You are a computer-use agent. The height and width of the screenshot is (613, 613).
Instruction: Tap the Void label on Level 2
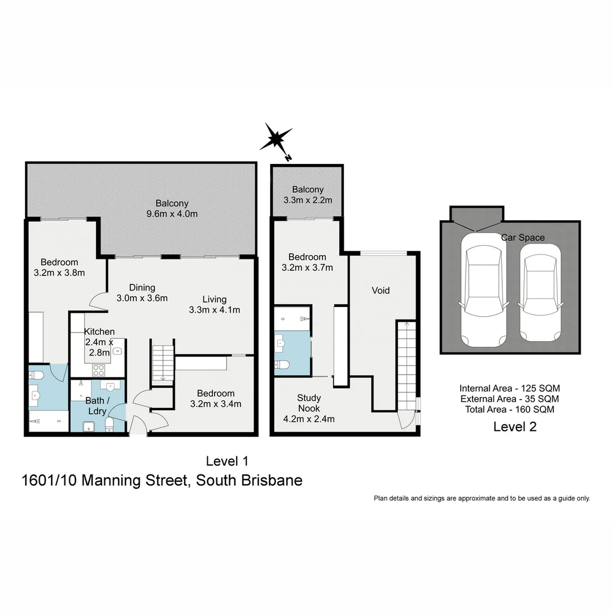coord(380,291)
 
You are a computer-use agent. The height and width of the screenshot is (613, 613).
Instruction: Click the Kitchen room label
coord(99,332)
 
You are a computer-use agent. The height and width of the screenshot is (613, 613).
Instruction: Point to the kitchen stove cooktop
coord(98,370)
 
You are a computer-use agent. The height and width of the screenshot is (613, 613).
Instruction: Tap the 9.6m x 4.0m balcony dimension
coord(172,214)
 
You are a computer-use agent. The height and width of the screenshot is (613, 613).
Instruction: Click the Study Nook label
coord(309,403)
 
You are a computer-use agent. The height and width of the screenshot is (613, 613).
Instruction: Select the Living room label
coord(215,299)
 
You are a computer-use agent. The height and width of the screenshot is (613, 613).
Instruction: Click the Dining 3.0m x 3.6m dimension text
coord(142,298)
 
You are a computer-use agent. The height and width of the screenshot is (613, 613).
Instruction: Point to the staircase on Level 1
coord(163,363)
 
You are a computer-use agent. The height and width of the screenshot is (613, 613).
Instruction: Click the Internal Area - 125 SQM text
coord(510,389)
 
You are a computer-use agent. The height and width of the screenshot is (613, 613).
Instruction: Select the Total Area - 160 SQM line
coord(510,409)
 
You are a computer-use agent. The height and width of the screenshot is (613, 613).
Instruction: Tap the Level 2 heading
coord(515,427)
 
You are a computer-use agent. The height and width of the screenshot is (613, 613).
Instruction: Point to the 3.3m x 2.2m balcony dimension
coord(308,200)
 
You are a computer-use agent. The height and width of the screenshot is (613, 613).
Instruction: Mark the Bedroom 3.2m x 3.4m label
coord(216,399)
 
